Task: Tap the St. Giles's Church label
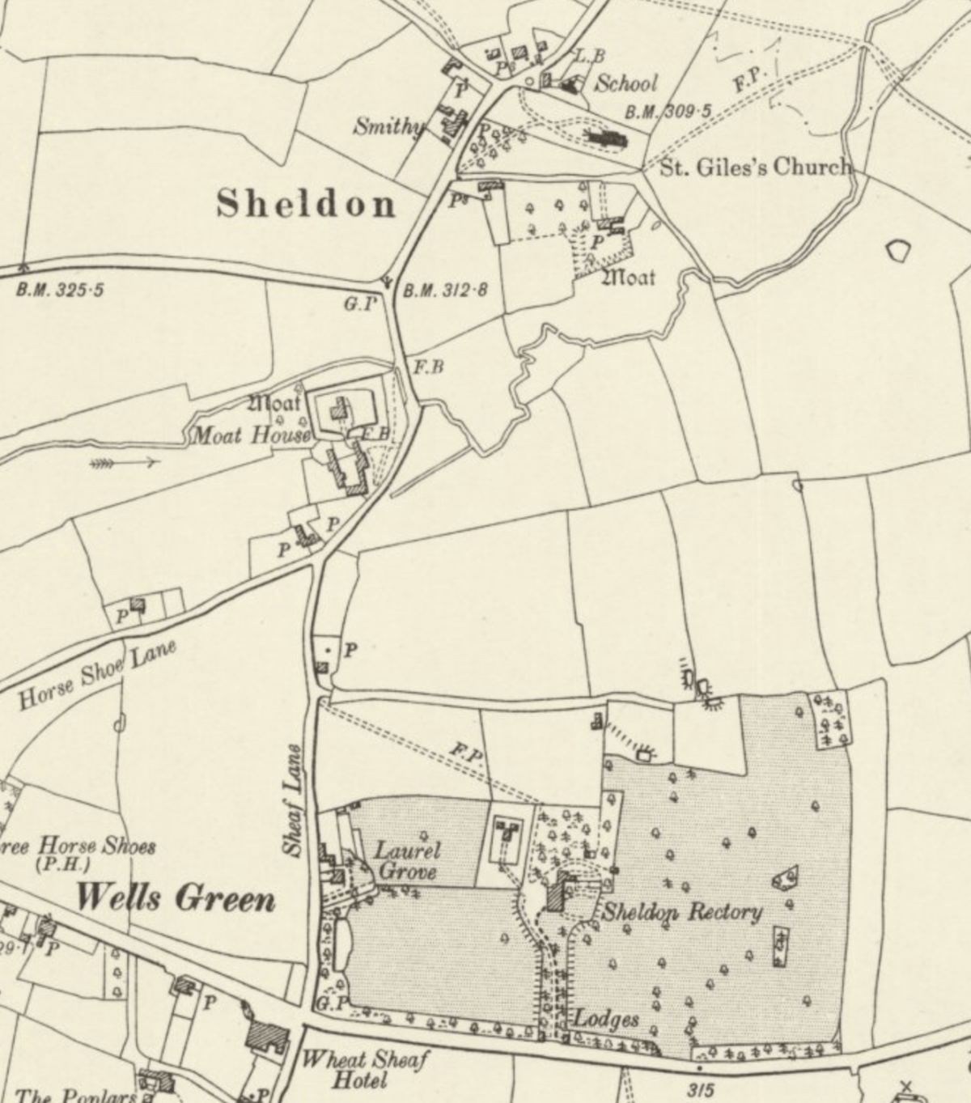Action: [x=757, y=168]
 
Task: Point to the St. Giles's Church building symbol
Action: [x=606, y=139]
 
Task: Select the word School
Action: [x=626, y=83]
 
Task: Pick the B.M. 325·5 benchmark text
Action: [x=60, y=290]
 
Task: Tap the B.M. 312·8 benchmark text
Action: [x=445, y=290]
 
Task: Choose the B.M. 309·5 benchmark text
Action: [x=668, y=112]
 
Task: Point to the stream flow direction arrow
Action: [x=125, y=464]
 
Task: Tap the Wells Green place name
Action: [x=176, y=898]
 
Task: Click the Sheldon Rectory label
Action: [x=681, y=913]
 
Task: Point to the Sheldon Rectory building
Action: [x=557, y=895]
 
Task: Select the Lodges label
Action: [x=606, y=1019]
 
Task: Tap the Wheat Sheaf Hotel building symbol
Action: [x=268, y=1037]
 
